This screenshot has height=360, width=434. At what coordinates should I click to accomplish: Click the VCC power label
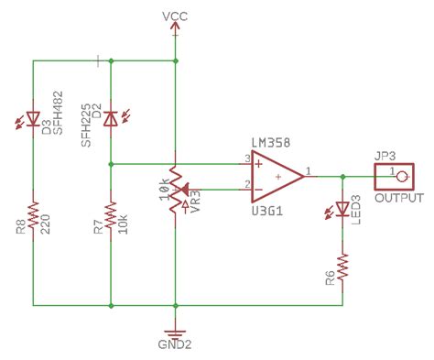coord(174,16)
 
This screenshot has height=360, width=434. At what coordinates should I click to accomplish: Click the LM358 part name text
coord(271,147)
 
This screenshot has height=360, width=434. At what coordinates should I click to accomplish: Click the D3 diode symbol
coord(34,118)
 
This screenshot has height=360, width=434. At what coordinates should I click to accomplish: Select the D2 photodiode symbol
coord(110,118)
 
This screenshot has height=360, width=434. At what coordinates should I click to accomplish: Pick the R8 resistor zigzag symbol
coord(34,218)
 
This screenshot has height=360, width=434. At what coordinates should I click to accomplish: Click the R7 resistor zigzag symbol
coord(110,218)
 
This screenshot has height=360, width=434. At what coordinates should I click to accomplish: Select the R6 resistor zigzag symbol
coord(342,267)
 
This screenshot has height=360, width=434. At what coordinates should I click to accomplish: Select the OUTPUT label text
coord(399,198)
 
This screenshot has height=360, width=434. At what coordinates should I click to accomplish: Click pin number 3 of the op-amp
coord(246,158)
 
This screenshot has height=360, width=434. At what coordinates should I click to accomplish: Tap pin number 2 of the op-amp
coord(246,184)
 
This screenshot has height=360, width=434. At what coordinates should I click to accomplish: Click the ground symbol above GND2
coord(174,332)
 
